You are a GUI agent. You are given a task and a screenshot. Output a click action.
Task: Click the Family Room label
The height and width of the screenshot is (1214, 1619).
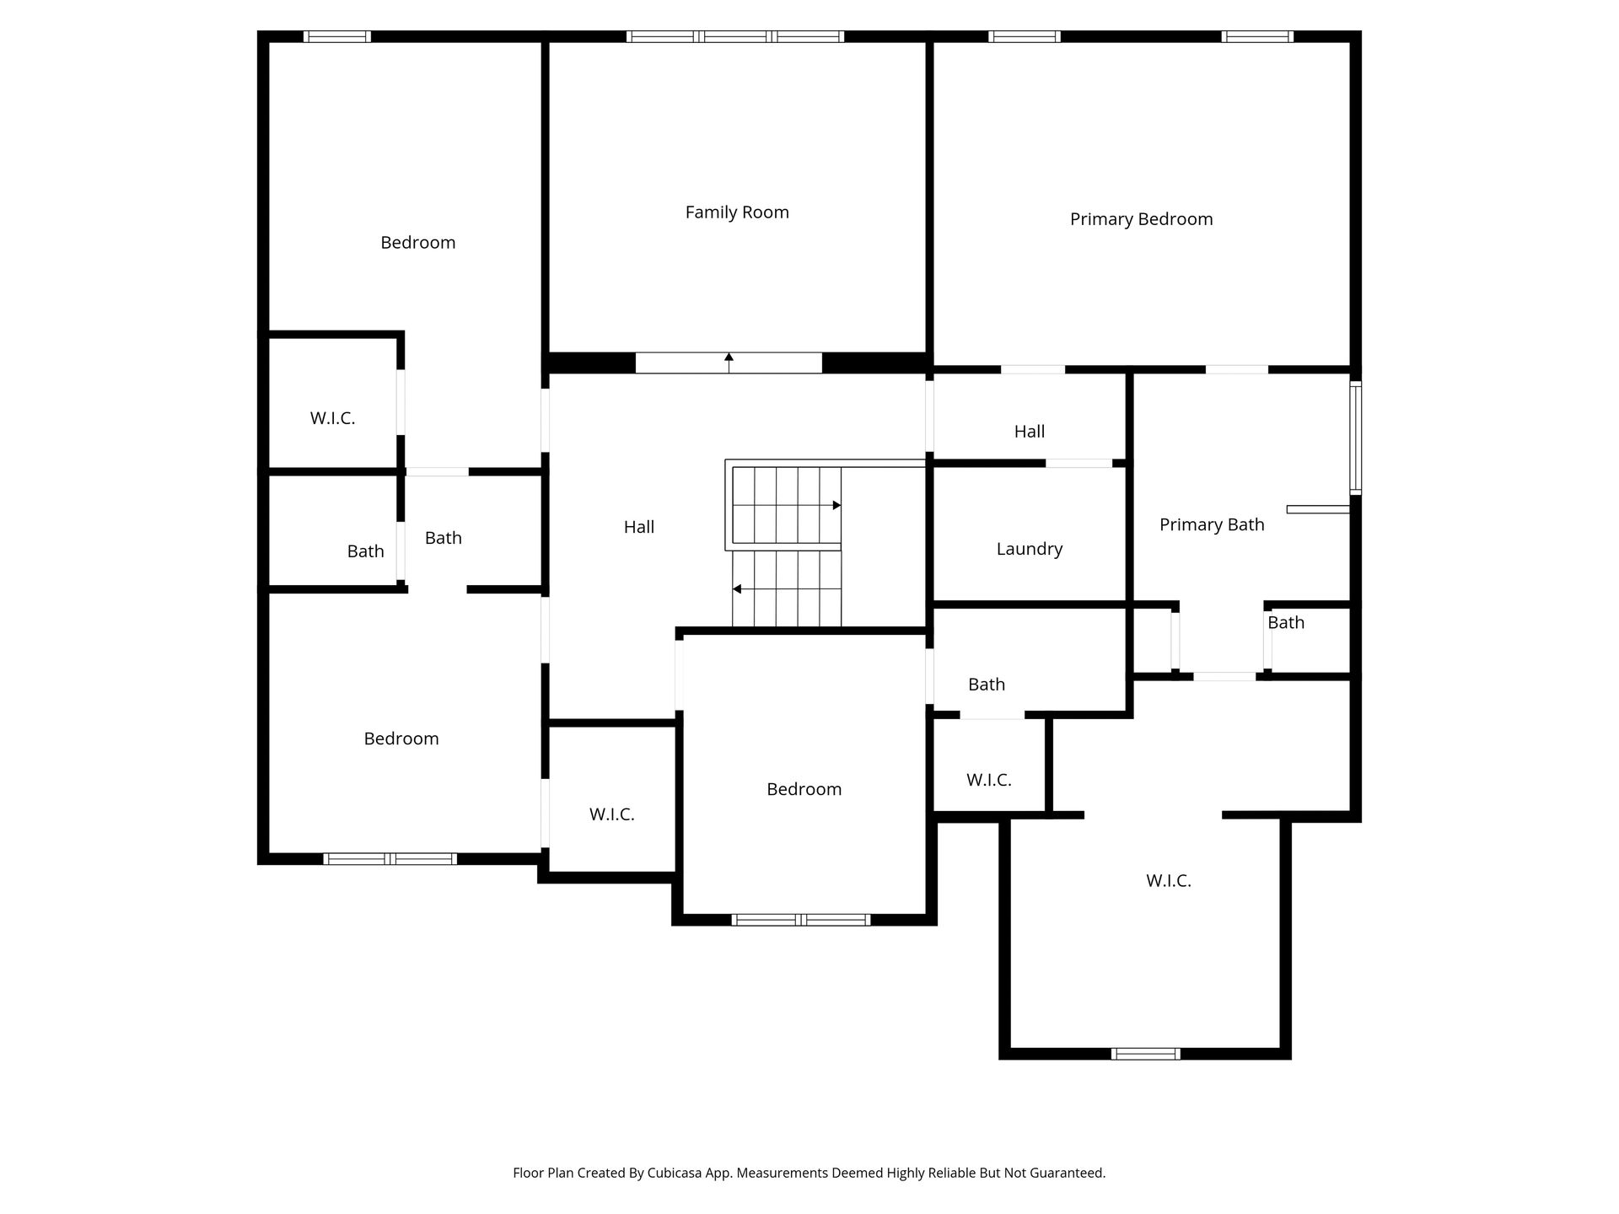(x=737, y=212)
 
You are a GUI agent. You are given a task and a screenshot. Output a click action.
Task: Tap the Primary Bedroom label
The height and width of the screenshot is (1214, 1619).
(x=1141, y=219)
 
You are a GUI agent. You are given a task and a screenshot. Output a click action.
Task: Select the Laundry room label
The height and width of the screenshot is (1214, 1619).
(x=1029, y=549)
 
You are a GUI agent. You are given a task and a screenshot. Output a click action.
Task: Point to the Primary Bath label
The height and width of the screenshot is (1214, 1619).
(x=1212, y=524)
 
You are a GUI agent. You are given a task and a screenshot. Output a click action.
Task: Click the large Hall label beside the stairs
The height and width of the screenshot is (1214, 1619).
(x=638, y=527)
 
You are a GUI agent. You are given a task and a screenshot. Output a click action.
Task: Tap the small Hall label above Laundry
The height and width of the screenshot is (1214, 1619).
(x=1029, y=432)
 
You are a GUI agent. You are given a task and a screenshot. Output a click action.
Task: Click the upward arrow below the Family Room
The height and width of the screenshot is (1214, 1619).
(x=729, y=363)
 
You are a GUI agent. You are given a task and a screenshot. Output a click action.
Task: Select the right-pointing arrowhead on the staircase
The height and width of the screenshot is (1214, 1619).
(x=836, y=505)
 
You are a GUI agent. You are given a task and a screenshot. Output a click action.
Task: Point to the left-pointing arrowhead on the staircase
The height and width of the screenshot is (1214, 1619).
(x=737, y=588)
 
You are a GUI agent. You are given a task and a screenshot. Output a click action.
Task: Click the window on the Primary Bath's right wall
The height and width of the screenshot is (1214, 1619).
(x=1355, y=438)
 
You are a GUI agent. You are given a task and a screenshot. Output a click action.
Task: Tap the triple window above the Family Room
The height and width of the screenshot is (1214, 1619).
(x=734, y=36)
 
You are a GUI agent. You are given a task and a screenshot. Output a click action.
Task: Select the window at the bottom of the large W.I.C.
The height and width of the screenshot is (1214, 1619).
(x=1145, y=1053)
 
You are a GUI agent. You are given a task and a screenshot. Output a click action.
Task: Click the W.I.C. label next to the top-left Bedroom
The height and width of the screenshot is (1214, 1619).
(x=332, y=418)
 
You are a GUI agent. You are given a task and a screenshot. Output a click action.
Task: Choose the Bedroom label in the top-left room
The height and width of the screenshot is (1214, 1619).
(x=417, y=243)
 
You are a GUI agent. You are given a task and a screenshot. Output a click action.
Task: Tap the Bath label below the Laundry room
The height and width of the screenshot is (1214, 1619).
(x=987, y=685)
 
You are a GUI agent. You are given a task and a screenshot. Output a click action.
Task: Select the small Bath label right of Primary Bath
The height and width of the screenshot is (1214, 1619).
(x=1286, y=622)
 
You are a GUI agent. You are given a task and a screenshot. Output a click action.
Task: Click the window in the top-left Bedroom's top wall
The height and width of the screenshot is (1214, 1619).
(x=336, y=36)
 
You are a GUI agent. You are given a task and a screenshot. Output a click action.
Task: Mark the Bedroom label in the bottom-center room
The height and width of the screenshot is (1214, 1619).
(x=804, y=789)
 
